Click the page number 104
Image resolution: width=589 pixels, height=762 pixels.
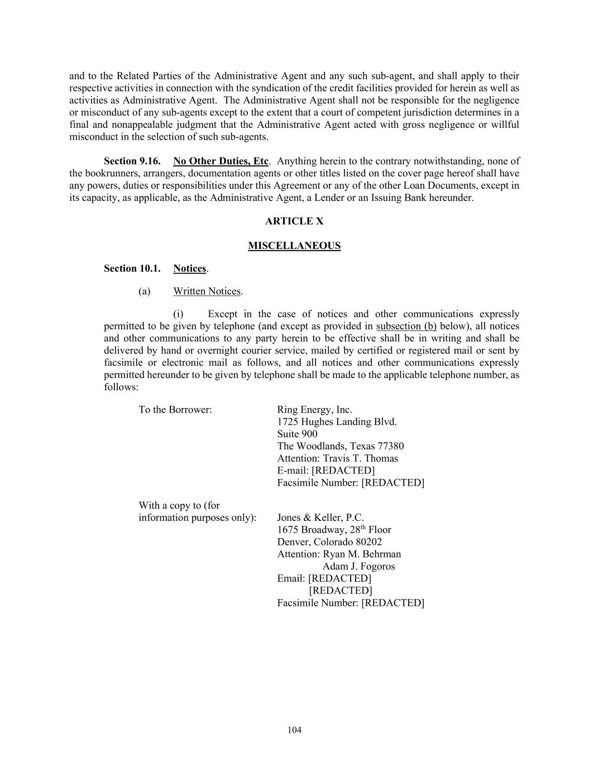click(x=294, y=730)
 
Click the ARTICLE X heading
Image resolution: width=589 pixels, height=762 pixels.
click(x=294, y=221)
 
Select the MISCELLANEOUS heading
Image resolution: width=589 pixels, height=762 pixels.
click(x=294, y=246)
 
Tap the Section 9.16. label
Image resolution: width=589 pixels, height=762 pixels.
click(x=132, y=161)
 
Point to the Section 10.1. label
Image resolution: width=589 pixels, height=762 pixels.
click(x=132, y=269)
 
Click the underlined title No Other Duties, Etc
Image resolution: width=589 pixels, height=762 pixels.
click(x=221, y=161)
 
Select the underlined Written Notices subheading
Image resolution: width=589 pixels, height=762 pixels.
click(x=207, y=291)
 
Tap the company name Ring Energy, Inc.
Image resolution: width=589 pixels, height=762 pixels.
click(x=314, y=410)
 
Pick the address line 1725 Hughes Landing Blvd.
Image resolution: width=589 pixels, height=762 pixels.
click(x=337, y=422)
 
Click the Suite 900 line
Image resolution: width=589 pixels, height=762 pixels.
click(x=297, y=434)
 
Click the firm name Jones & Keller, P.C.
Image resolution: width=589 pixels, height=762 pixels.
click(x=320, y=517)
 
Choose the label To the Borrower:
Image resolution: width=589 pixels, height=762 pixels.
click(x=175, y=410)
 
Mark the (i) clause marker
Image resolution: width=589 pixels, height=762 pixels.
click(x=178, y=314)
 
